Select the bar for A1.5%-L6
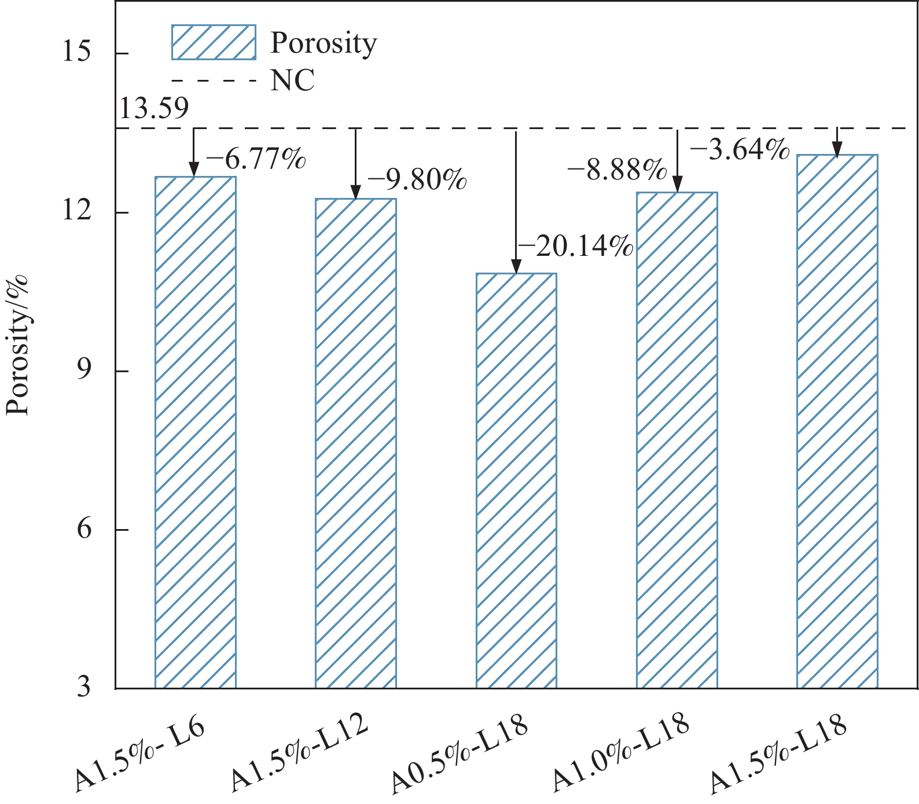coord(196,432)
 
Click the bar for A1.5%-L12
coord(356,443)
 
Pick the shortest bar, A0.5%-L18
coord(516,480)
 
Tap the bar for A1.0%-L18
coord(677,440)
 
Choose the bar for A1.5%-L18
coord(837,421)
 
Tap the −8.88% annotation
coord(617,171)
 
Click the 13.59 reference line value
coord(153,108)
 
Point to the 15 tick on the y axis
coord(78,53)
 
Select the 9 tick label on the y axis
coord(84,371)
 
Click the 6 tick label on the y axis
coord(84,530)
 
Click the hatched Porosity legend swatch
coord(214,42)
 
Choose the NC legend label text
coord(293,80)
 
